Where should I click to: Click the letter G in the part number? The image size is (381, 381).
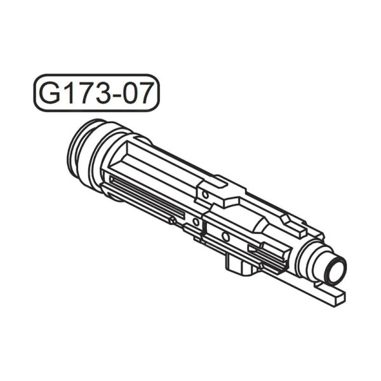click(50, 93)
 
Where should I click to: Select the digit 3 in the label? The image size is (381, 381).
click(102, 93)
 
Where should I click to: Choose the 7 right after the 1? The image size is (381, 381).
click(85, 93)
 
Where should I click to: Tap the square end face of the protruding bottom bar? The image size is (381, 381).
click(340, 298)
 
